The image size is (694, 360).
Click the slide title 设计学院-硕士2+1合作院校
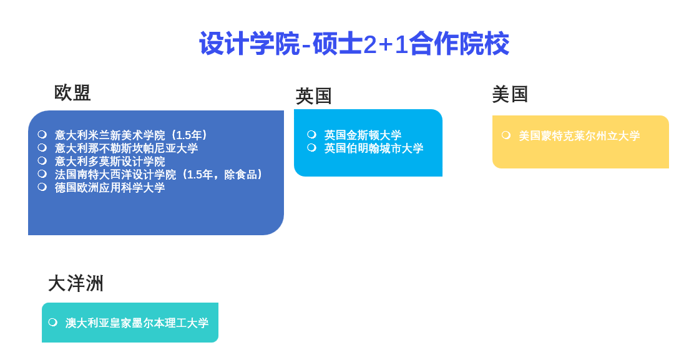[354, 44]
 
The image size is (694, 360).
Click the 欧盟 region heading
[72, 93]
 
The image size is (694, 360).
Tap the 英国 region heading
[314, 96]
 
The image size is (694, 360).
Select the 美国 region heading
[510, 94]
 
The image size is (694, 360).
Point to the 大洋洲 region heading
[76, 283]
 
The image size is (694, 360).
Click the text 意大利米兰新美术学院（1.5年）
[132, 135]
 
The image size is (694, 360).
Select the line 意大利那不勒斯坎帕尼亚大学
[126, 148]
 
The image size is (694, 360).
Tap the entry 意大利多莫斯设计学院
[110, 162]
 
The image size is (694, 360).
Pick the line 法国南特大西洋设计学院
[115, 175]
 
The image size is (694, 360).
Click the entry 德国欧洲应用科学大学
[110, 188]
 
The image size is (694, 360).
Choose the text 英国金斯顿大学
[363, 135]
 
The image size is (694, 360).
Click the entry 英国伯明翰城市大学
[374, 148]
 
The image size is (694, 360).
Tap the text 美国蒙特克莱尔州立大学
[579, 136]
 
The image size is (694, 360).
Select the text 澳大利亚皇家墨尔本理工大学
[137, 323]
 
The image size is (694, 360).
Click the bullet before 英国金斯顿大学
[311, 134]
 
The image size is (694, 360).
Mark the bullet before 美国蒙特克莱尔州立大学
[506, 135]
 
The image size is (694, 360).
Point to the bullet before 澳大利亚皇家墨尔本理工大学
[52, 322]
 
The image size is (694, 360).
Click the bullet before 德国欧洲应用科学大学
[42, 187]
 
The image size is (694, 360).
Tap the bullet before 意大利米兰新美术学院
[42, 134]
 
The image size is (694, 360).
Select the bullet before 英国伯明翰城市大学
[311, 147]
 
